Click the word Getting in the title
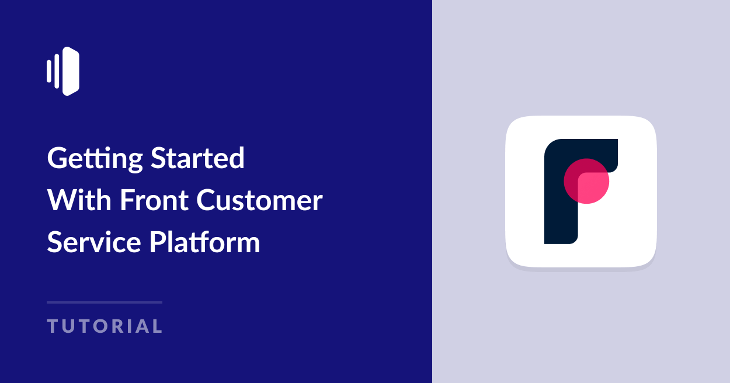[x=95, y=159]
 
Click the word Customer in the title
[x=259, y=200]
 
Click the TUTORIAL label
[x=105, y=326]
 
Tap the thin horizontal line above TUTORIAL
[x=105, y=302]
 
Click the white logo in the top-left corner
[x=63, y=71]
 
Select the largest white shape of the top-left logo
[x=71, y=71]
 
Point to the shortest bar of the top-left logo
[x=49, y=71]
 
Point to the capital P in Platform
[x=157, y=242]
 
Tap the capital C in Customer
[x=206, y=200]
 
